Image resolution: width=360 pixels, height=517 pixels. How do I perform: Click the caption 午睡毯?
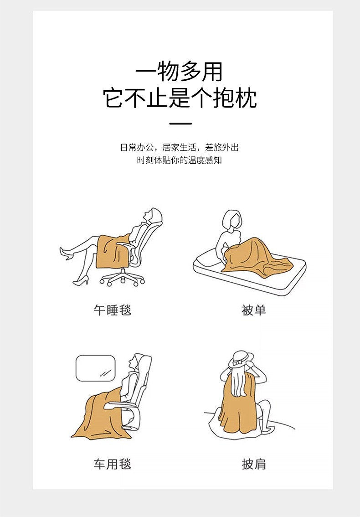point(113,310)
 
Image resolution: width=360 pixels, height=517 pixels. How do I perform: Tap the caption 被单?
point(253,310)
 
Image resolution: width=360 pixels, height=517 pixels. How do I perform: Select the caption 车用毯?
point(113,464)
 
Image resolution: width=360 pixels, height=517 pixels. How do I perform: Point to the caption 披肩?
point(253,464)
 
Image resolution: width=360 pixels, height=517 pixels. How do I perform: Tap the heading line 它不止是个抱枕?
point(180,98)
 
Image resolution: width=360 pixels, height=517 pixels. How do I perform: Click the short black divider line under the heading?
point(180,124)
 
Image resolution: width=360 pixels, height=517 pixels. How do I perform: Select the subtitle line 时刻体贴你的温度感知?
point(180,160)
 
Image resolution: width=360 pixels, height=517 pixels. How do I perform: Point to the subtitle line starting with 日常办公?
point(180,147)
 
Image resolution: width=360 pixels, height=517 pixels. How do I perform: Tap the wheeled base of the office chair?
point(122,279)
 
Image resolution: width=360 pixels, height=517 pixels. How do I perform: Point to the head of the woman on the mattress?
point(232,220)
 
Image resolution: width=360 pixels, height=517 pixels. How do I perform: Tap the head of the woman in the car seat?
point(136,363)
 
